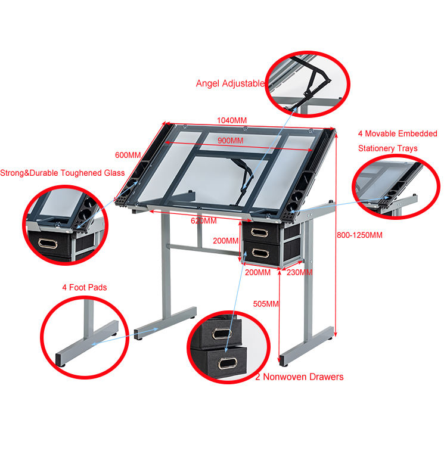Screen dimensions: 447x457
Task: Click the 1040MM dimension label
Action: [x=232, y=120]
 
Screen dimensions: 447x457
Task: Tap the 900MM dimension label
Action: [x=230, y=141]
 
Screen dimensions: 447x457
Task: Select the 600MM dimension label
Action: [x=128, y=155]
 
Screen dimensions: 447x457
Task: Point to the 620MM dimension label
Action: [x=203, y=220]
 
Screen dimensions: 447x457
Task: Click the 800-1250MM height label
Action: [x=359, y=235]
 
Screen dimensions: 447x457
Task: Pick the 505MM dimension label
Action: [x=266, y=304]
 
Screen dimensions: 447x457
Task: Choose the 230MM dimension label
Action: [x=299, y=272]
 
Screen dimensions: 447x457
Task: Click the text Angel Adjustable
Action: [x=230, y=83]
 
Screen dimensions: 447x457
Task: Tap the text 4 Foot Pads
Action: [x=85, y=287]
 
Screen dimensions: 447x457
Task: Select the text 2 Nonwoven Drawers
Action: [x=299, y=377]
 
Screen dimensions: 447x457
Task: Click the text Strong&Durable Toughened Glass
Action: [x=63, y=173]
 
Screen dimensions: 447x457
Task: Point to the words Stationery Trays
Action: [x=388, y=148]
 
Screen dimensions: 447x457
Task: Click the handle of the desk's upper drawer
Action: [x=259, y=233]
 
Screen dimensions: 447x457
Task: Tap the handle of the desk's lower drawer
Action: [x=260, y=253]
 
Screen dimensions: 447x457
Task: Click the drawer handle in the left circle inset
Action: [x=48, y=243]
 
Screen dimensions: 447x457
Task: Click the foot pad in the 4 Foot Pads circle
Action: [x=62, y=364]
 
